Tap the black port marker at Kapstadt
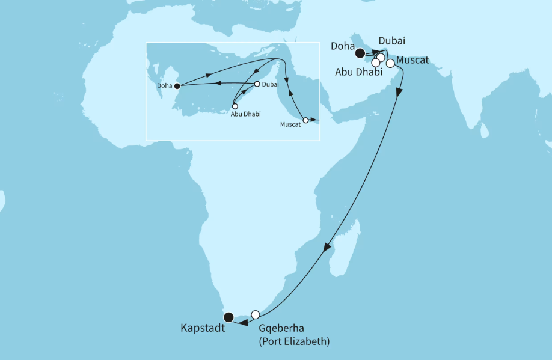pyautogui.click(x=228, y=317)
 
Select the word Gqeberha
pyautogui.click(x=282, y=329)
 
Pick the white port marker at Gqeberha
pyautogui.click(x=256, y=314)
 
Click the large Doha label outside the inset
pyautogui.click(x=342, y=45)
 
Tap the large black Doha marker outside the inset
pyautogui.click(x=360, y=53)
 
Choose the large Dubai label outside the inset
pyautogui.click(x=392, y=41)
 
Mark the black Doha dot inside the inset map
pyautogui.click(x=177, y=85)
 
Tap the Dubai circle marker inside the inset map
pyautogui.click(x=257, y=84)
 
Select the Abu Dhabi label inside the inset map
pyautogui.click(x=246, y=114)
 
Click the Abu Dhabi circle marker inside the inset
pyautogui.click(x=235, y=106)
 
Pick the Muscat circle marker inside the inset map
pyautogui.click(x=305, y=120)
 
